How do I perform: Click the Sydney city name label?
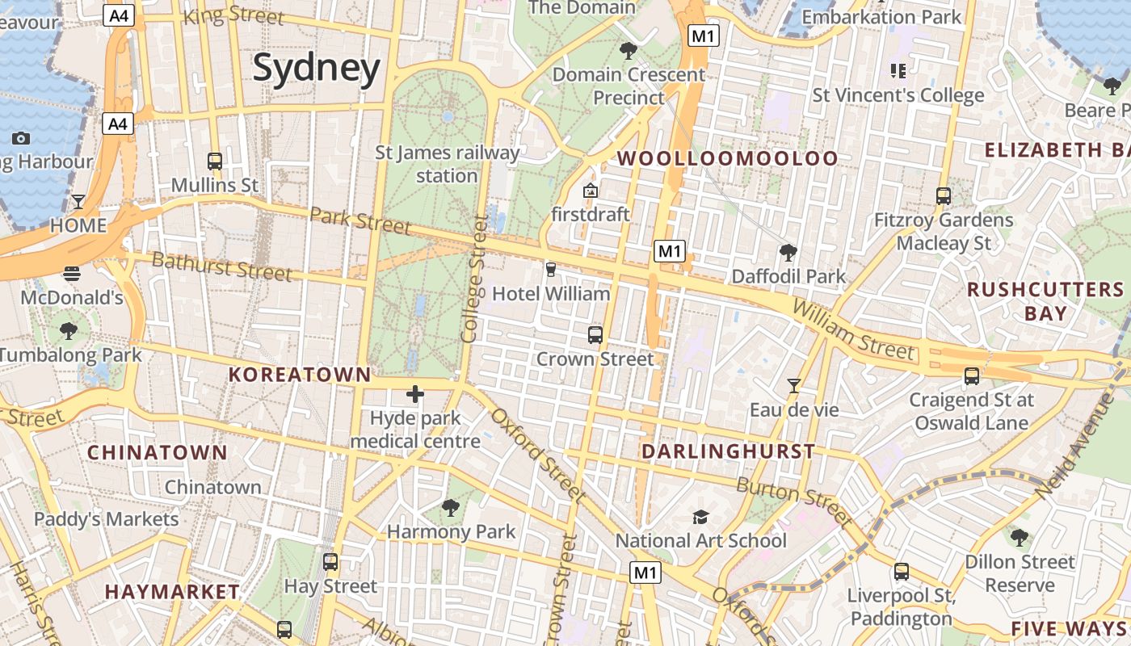pyautogui.click(x=316, y=68)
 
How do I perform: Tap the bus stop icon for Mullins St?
pyautogui.click(x=215, y=161)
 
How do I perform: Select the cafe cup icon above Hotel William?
pyautogui.click(x=551, y=269)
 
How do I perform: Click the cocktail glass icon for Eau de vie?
pyautogui.click(x=794, y=385)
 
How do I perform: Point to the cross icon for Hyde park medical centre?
pyautogui.click(x=415, y=394)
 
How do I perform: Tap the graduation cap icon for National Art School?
pyautogui.click(x=700, y=517)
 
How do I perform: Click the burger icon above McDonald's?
pyautogui.click(x=72, y=273)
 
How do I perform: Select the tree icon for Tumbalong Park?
pyautogui.click(x=69, y=330)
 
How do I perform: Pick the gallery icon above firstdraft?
pyautogui.click(x=591, y=191)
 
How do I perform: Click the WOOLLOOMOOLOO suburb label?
pyautogui.click(x=728, y=158)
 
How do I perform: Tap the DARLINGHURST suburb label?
pyautogui.click(x=728, y=451)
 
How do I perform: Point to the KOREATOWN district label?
pyautogui.click(x=300, y=375)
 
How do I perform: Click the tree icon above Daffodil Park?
pyautogui.click(x=788, y=253)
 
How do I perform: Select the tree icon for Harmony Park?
pyautogui.click(x=451, y=508)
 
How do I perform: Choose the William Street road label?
pyautogui.click(x=854, y=330)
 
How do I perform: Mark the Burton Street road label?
pyautogui.click(x=793, y=501)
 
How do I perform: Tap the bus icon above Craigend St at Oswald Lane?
pyautogui.click(x=972, y=375)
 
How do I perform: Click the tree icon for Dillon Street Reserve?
pyautogui.click(x=1020, y=538)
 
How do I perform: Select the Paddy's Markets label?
pyautogui.click(x=106, y=518)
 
